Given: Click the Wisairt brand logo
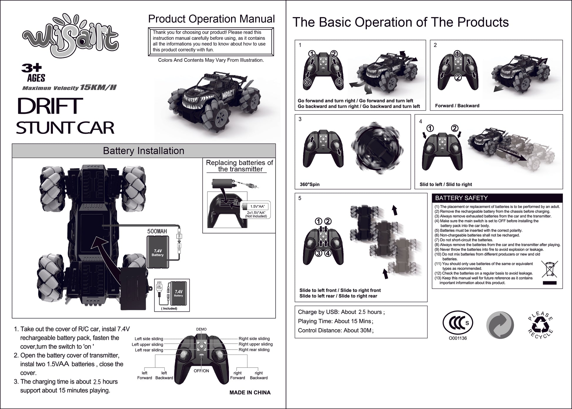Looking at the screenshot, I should click(x=71, y=37).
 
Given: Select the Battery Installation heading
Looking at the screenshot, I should click(x=143, y=151).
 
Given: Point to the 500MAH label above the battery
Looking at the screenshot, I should click(x=157, y=231).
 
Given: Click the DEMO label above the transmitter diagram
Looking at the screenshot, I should click(x=201, y=329).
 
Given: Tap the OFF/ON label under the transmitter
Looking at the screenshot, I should click(x=201, y=371).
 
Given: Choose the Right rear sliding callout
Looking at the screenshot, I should click(x=254, y=350).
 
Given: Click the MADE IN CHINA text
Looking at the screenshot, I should click(x=250, y=393).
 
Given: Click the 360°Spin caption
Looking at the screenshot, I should click(x=310, y=184).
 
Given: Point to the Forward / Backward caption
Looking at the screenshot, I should click(x=457, y=106).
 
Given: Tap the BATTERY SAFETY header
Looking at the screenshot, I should click(x=461, y=198).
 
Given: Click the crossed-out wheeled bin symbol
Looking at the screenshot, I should click(x=549, y=269).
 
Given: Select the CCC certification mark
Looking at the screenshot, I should click(x=458, y=323).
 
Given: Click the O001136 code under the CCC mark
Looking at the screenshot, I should click(x=458, y=338).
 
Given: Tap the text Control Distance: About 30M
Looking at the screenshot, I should click(x=335, y=330).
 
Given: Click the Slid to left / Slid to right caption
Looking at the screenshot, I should click(x=446, y=184).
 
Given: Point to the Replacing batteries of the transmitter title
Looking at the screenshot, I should click(x=239, y=166).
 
